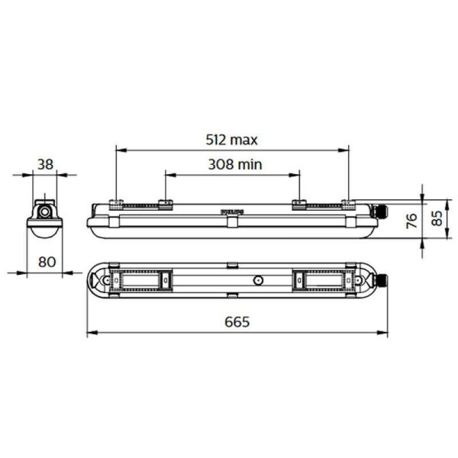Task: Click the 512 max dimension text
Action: coord(231,140)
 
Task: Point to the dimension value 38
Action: coord(45,163)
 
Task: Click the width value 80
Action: coord(47,261)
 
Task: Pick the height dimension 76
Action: coord(411,221)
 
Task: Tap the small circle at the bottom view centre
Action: coord(257,281)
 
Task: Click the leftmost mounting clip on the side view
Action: coord(115,203)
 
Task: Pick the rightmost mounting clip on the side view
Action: coord(348,203)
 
